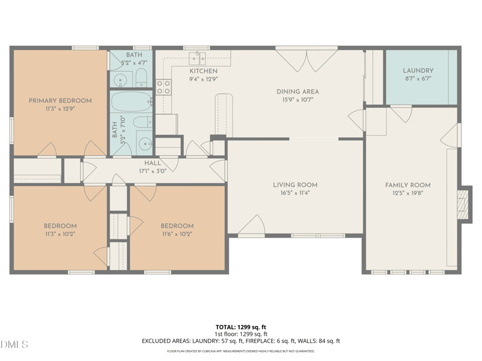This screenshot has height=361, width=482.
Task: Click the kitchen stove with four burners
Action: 164,87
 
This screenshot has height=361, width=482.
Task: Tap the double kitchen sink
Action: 198,58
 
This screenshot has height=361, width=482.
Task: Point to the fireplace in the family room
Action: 463,205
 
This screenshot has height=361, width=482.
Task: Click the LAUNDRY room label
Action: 418,70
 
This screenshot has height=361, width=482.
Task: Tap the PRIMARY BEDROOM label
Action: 60,100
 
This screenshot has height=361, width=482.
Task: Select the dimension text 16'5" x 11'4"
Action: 295,194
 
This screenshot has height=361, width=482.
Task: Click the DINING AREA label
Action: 298,91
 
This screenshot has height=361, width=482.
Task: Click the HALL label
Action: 152,163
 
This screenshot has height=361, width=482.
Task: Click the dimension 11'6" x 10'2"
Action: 177,234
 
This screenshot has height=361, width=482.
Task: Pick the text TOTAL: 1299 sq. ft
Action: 241,327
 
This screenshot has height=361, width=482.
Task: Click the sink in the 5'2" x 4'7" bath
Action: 119,79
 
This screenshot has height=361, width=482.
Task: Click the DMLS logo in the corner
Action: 14,345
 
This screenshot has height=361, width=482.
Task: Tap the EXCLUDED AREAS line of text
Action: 241,341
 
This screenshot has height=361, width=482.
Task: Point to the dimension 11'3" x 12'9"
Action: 60,109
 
